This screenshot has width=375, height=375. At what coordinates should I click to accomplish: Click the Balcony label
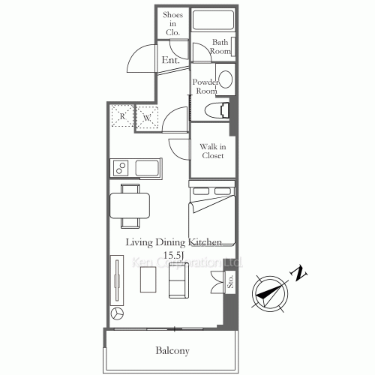172,350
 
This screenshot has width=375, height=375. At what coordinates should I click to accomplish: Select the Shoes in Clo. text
172,23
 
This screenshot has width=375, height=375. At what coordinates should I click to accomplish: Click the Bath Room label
220,46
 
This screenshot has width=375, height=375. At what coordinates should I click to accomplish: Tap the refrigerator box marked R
122,117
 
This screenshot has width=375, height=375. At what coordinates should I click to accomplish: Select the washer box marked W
147,117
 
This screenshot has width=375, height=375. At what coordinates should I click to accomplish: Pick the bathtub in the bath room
211,19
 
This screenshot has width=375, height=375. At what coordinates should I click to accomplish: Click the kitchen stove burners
121,166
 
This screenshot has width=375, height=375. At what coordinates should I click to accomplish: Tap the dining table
130,204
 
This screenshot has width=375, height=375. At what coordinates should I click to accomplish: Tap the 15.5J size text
173,255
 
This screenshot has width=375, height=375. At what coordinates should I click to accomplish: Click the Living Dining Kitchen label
173,241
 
